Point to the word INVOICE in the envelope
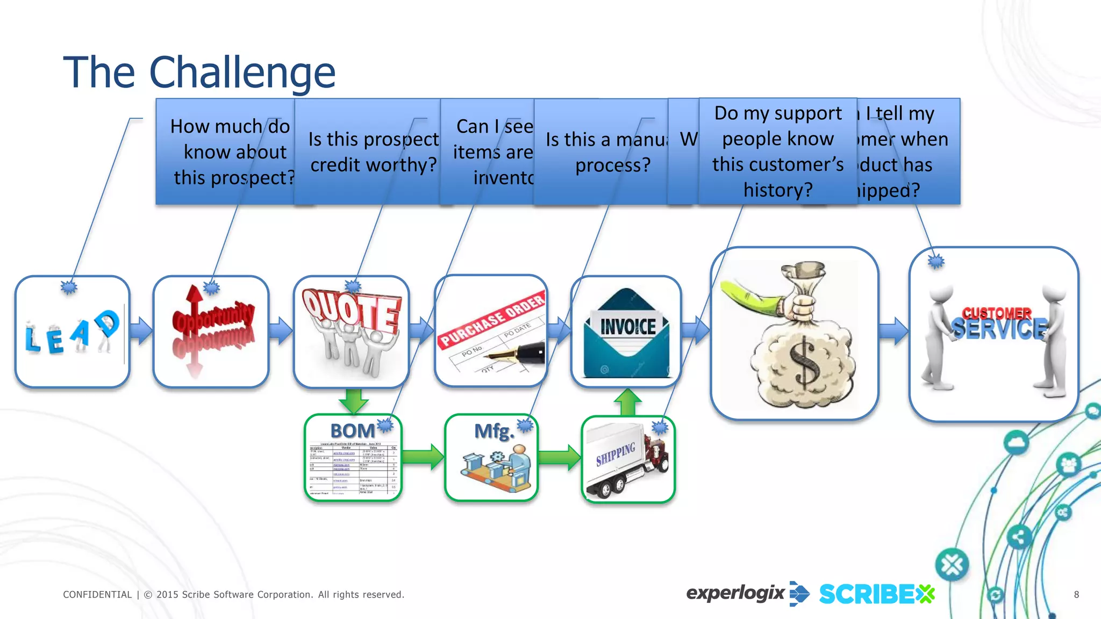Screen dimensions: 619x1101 (x=628, y=327)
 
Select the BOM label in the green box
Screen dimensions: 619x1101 (x=352, y=431)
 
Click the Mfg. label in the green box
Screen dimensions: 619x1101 (x=494, y=431)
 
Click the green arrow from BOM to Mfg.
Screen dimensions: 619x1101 (x=423, y=457)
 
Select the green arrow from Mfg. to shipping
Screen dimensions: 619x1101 (x=559, y=457)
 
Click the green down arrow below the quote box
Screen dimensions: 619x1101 (x=353, y=400)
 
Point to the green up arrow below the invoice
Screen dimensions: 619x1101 (x=628, y=402)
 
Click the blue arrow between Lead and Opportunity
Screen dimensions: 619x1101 (x=141, y=330)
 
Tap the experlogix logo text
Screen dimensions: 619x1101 (x=735, y=593)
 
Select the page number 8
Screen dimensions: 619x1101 (x=1076, y=594)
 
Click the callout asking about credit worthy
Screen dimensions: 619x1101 (x=373, y=152)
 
